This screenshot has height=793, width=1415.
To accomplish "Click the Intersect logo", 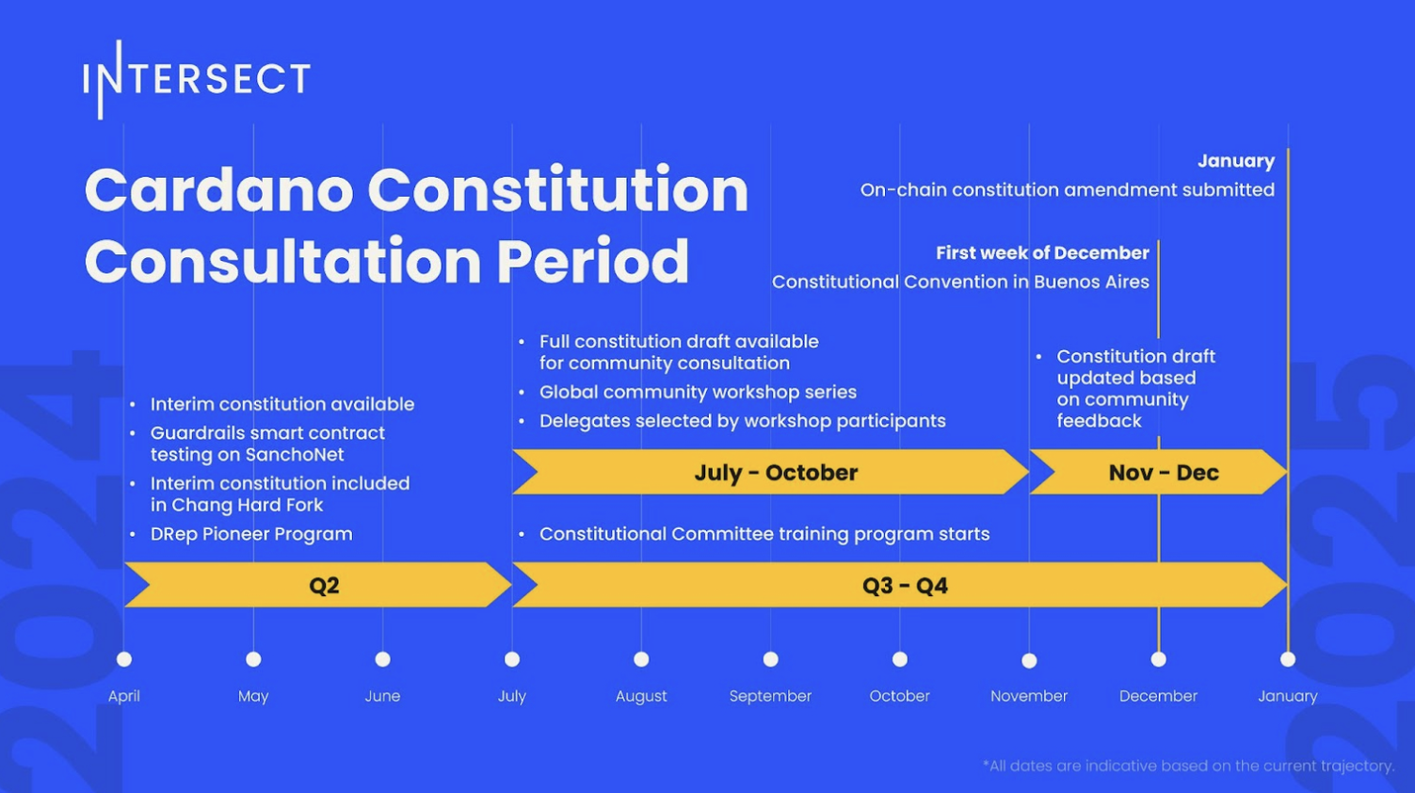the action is (x=197, y=80).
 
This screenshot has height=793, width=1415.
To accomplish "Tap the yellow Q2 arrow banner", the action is (x=318, y=585).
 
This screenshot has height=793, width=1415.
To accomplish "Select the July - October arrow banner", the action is (x=771, y=472).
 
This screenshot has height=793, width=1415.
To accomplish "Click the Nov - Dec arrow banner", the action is (x=1159, y=472).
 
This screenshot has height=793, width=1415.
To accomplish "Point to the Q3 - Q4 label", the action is (x=906, y=586).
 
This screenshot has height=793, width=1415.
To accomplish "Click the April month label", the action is (x=124, y=696).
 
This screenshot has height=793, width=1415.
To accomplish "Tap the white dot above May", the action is (x=253, y=659).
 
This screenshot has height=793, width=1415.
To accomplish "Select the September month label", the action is (x=770, y=696).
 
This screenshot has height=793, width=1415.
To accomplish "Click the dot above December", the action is (x=1159, y=659).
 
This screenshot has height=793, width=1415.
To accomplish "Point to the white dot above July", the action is (x=512, y=659).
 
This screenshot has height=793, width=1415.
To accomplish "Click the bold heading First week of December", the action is (x=1042, y=252).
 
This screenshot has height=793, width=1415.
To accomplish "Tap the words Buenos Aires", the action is (x=1091, y=282).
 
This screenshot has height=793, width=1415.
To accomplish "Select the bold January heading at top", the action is (x=1236, y=161).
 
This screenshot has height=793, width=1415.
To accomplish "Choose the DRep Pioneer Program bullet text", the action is (x=251, y=535).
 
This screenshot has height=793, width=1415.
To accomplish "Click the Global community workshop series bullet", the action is (x=698, y=393).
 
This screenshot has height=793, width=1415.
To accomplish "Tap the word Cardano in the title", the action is (x=218, y=190).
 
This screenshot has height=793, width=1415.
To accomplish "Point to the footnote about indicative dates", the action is (x=1188, y=767).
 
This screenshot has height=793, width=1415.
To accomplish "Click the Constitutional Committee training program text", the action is (x=764, y=535).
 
